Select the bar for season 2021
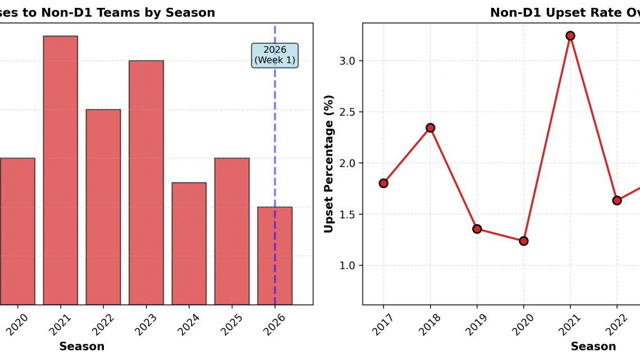(60, 170)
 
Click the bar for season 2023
(146, 183)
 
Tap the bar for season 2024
(189, 243)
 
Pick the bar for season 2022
(103, 207)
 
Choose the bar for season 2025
(232, 231)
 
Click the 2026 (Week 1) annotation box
(275, 55)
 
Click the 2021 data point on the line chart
(570, 36)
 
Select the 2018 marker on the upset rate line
(431, 128)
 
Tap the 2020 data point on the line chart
(524, 241)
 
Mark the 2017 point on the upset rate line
(383, 183)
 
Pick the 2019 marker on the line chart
(477, 229)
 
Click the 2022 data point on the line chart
(617, 200)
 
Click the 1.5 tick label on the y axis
(347, 215)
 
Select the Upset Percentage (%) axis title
(329, 163)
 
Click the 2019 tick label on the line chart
(476, 324)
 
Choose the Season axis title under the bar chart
(81, 347)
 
